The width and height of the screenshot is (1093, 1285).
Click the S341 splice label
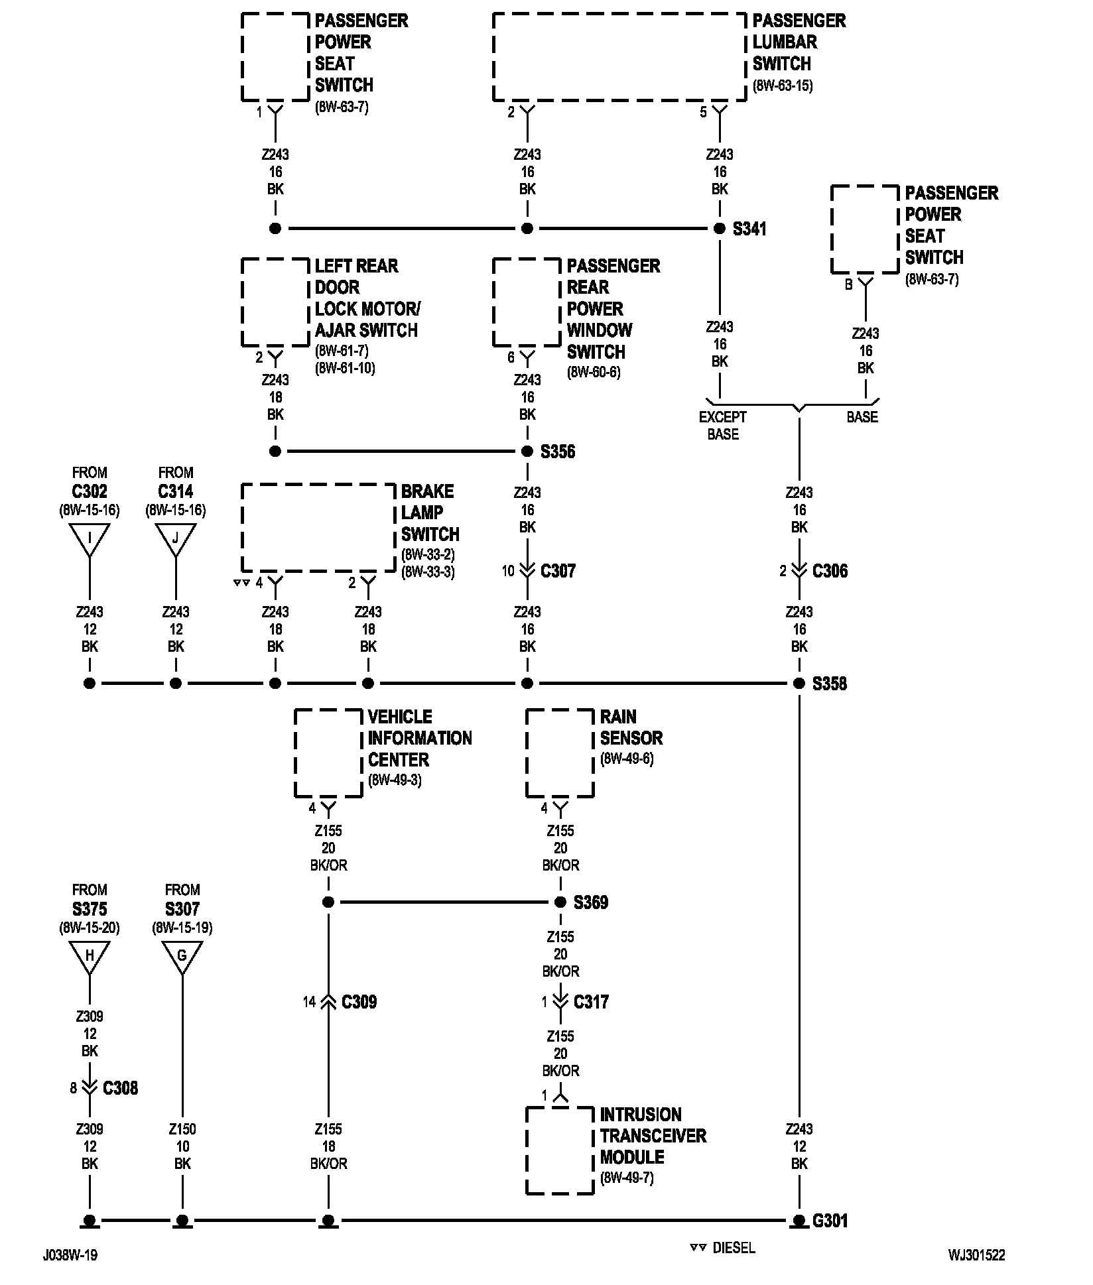coord(749,229)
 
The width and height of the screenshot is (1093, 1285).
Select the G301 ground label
coord(830,1221)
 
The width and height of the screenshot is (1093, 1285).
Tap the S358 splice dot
coord(799,684)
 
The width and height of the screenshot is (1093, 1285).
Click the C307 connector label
coord(558,571)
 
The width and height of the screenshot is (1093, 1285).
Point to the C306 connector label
coord(830,571)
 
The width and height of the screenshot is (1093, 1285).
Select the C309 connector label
coord(359,1002)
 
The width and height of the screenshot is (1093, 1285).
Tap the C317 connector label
coord(591,1002)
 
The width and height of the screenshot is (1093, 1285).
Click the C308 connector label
coord(121,1088)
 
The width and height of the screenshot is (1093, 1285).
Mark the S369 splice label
coord(591,902)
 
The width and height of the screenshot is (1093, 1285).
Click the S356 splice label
coord(558,452)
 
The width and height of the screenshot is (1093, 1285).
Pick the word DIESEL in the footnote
coord(734,1248)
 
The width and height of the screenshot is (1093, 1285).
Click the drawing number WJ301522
coord(976,1255)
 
